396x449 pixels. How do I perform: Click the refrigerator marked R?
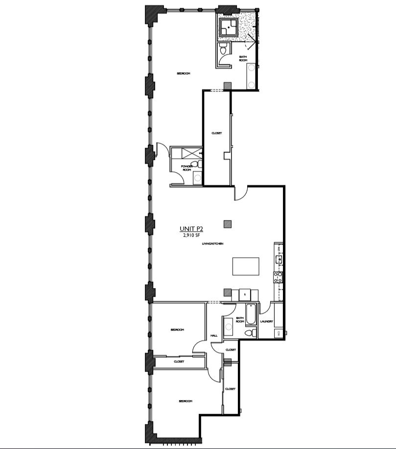click(x=244, y=294)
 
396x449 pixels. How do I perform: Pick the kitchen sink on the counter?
click(x=279, y=259)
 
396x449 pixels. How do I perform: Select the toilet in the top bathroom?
click(x=223, y=49)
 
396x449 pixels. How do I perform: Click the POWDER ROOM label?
click(x=186, y=168)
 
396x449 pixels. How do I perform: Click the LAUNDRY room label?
click(x=266, y=321)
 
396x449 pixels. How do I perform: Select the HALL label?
click(x=214, y=336)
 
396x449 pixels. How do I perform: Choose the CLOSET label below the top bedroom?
click(x=216, y=133)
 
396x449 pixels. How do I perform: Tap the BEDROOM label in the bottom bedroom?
click(x=186, y=401)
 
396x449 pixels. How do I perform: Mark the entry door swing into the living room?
click(x=241, y=194)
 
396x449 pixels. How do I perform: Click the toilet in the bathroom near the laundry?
click(x=249, y=333)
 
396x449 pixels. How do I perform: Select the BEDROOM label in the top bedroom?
click(x=183, y=73)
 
